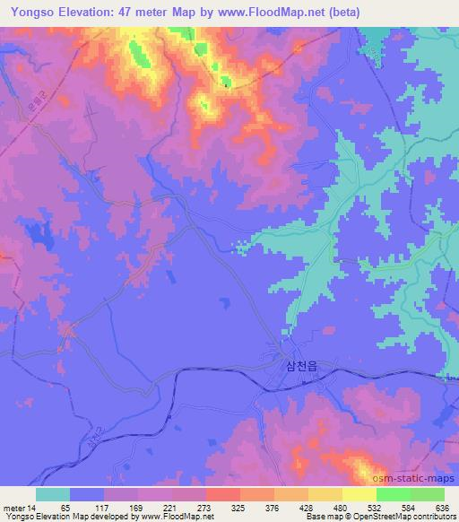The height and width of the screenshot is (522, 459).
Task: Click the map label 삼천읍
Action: pyautogui.click(x=300, y=365)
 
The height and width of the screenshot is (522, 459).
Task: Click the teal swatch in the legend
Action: pyautogui.click(x=53, y=494)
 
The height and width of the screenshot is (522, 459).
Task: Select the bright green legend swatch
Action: pyautogui.click(x=394, y=494)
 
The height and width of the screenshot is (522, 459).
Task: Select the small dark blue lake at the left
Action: pyautogui.click(x=39, y=235)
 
